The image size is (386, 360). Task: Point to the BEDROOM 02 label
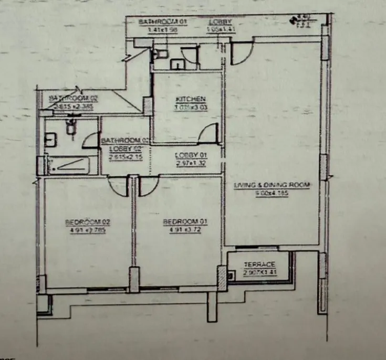(x=88, y=222)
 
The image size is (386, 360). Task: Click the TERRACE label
(x=256, y=265)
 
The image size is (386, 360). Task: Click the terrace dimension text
(x=256, y=272)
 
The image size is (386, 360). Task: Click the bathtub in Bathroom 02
(x=67, y=165)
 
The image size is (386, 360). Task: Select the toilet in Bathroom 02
(x=70, y=126)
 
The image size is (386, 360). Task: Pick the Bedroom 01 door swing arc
(x=149, y=186)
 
